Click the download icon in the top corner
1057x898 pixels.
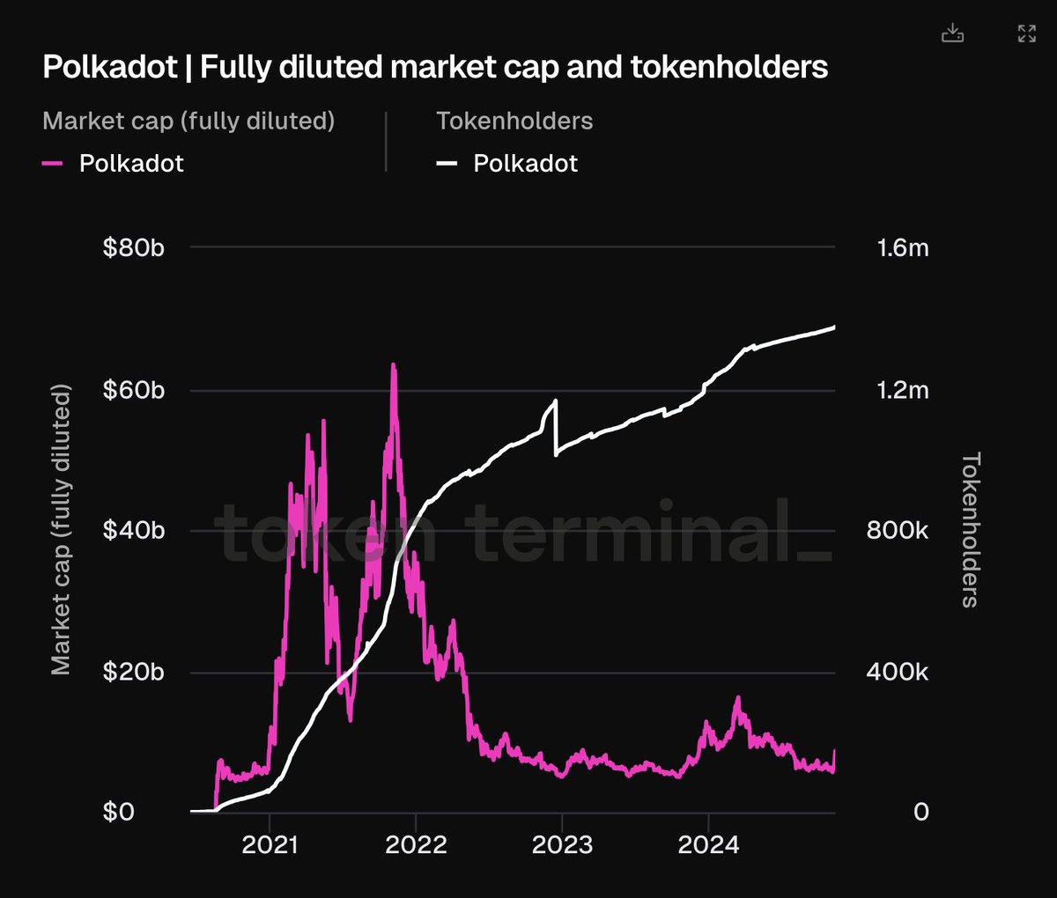(952, 34)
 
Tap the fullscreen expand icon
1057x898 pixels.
(1026, 34)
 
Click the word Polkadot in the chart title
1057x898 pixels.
(110, 68)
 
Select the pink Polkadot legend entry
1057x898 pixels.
(131, 164)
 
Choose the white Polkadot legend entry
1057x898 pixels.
(525, 164)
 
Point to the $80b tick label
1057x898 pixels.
(133, 248)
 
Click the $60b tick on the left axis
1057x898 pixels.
(133, 390)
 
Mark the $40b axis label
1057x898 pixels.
(133, 531)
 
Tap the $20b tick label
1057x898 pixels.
(133, 673)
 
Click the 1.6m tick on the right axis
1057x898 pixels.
(903, 248)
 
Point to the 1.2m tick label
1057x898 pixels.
(903, 390)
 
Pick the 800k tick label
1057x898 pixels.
(899, 531)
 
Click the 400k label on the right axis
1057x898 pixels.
(899, 673)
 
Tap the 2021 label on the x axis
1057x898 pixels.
(270, 845)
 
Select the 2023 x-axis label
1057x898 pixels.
(562, 845)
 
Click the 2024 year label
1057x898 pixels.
(708, 845)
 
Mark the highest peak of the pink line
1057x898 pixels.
(393, 364)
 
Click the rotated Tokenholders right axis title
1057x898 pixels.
(971, 530)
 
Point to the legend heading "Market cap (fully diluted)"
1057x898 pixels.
(188, 121)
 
